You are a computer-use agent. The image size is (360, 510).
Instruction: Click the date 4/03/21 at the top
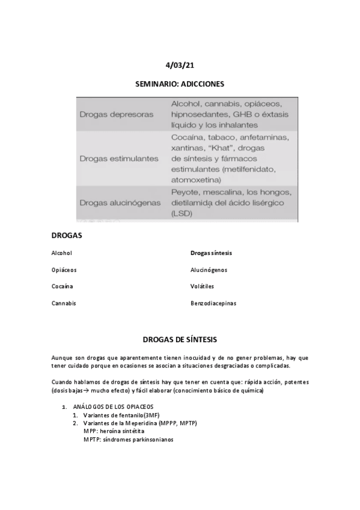point(180,65)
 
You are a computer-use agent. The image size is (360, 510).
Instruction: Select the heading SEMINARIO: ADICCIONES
point(180,84)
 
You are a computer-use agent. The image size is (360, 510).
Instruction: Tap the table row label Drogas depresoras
point(116,114)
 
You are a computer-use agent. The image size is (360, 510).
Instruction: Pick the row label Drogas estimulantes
point(119,159)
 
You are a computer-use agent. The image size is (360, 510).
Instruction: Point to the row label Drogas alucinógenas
point(120,203)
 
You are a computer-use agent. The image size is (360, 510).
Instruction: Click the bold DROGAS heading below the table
point(67,235)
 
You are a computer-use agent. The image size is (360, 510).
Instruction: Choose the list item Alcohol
point(62,253)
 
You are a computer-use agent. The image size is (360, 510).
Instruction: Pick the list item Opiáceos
point(64,270)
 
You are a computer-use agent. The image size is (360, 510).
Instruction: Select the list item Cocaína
point(63,287)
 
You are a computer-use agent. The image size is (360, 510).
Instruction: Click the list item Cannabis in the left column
point(64,304)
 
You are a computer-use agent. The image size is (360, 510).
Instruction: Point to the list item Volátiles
point(202,287)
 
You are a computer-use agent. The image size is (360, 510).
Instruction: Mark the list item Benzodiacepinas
point(213,304)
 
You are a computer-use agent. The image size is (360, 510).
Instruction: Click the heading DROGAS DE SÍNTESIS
point(180,339)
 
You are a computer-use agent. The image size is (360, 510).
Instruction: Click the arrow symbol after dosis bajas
point(83,391)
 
